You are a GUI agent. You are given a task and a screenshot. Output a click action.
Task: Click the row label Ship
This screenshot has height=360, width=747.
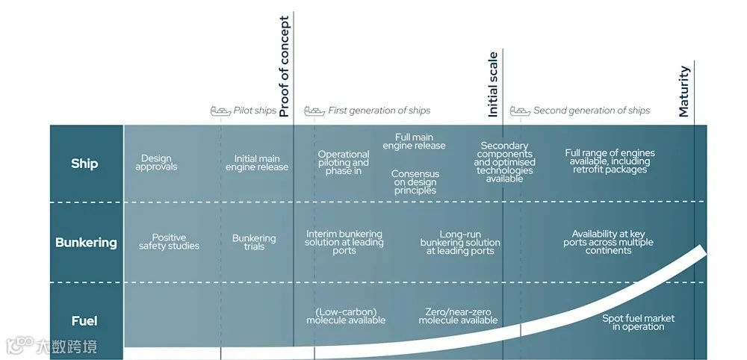(84, 164)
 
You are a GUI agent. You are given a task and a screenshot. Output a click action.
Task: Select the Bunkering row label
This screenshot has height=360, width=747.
(86, 242)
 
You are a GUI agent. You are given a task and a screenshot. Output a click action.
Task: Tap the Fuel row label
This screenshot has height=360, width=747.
(84, 321)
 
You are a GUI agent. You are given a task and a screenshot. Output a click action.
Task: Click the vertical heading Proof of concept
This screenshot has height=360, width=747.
(284, 67)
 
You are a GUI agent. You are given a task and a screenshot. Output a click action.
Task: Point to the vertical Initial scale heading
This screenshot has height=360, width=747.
(492, 84)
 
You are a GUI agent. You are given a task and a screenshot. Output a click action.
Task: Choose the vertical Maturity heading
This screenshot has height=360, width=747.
(684, 91)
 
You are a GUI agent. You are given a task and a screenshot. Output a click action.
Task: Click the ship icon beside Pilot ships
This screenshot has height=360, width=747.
(220, 111)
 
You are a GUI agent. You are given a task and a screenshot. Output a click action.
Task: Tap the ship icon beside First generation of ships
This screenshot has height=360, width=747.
(314, 111)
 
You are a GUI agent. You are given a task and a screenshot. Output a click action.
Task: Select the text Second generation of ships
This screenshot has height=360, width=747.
(591, 111)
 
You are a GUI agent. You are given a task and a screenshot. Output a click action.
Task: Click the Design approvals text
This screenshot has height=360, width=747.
(156, 162)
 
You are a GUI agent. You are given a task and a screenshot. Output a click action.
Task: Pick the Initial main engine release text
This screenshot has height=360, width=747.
(257, 163)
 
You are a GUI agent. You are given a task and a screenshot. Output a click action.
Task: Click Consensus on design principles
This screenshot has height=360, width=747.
(415, 182)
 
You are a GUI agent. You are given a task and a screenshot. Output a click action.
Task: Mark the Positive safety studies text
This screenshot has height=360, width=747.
(169, 242)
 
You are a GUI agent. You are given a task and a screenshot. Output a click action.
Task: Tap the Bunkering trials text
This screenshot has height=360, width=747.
(254, 242)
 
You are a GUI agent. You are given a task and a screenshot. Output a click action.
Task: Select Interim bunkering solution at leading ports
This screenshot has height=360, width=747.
(344, 242)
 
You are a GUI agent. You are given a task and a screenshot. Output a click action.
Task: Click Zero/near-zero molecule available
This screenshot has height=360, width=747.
(458, 316)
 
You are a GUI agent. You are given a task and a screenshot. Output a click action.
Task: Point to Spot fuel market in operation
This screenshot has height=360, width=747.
(638, 323)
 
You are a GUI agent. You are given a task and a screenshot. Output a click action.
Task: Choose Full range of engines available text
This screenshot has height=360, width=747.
(607, 161)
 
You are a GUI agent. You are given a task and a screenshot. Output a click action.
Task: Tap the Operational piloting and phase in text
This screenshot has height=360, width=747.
(344, 163)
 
